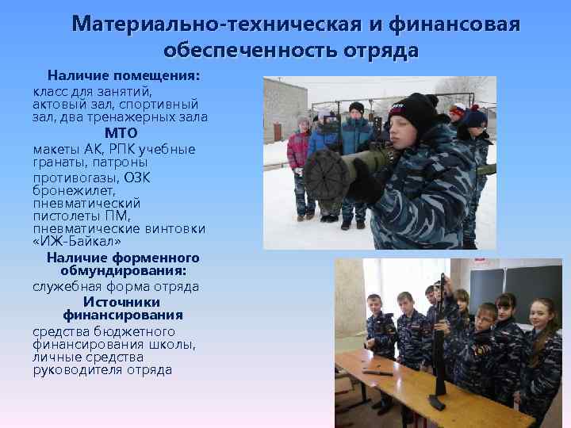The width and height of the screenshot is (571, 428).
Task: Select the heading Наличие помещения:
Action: pos(123,76)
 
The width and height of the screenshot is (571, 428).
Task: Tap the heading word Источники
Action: pos(121,302)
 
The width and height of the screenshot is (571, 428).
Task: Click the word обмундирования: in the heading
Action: pos(122,272)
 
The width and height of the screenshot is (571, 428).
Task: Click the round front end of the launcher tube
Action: pos(323,174)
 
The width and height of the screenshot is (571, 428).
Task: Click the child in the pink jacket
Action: pos(298,155)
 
